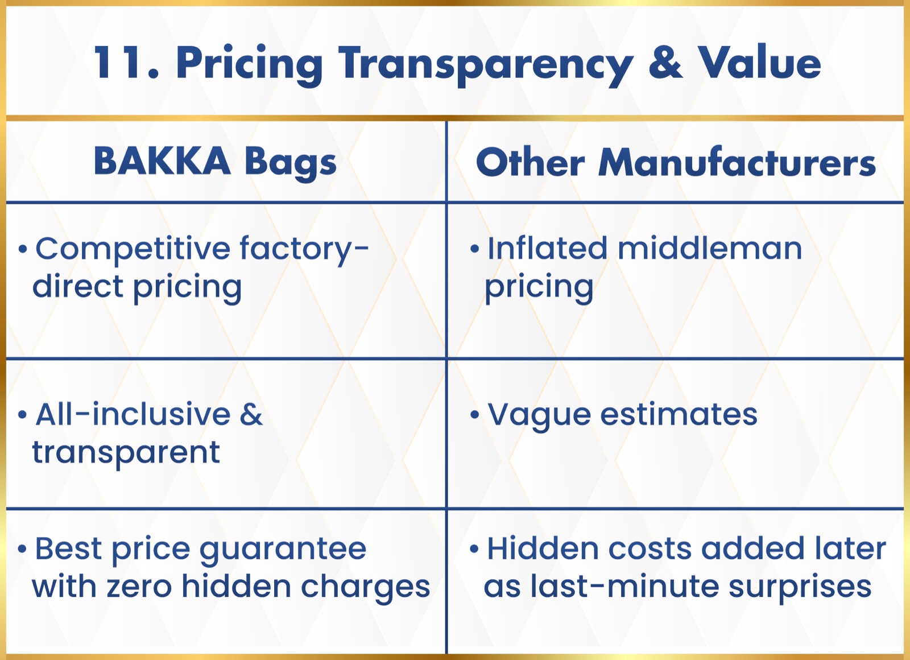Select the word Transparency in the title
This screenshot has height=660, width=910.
point(486,65)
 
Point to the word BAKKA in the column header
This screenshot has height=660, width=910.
point(162,161)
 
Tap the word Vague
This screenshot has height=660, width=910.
point(539,416)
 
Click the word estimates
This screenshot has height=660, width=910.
point(679,414)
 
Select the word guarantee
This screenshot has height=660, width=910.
point(283,550)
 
